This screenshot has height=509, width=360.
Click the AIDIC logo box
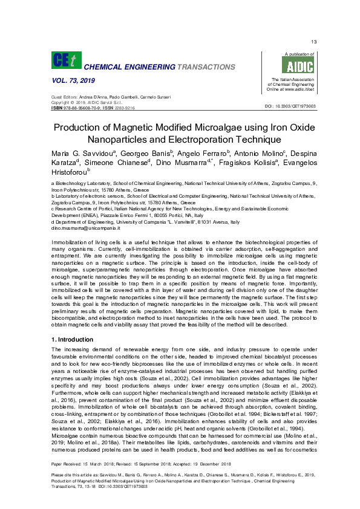click(287, 66)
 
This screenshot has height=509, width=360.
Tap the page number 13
click(313, 42)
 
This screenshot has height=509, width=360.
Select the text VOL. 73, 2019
click(70, 80)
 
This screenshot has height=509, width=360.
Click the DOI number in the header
click(290, 106)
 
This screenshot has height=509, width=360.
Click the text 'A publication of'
click(292, 54)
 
